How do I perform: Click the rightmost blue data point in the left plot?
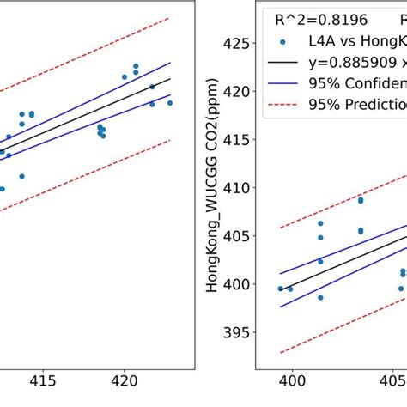point(170,103)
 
